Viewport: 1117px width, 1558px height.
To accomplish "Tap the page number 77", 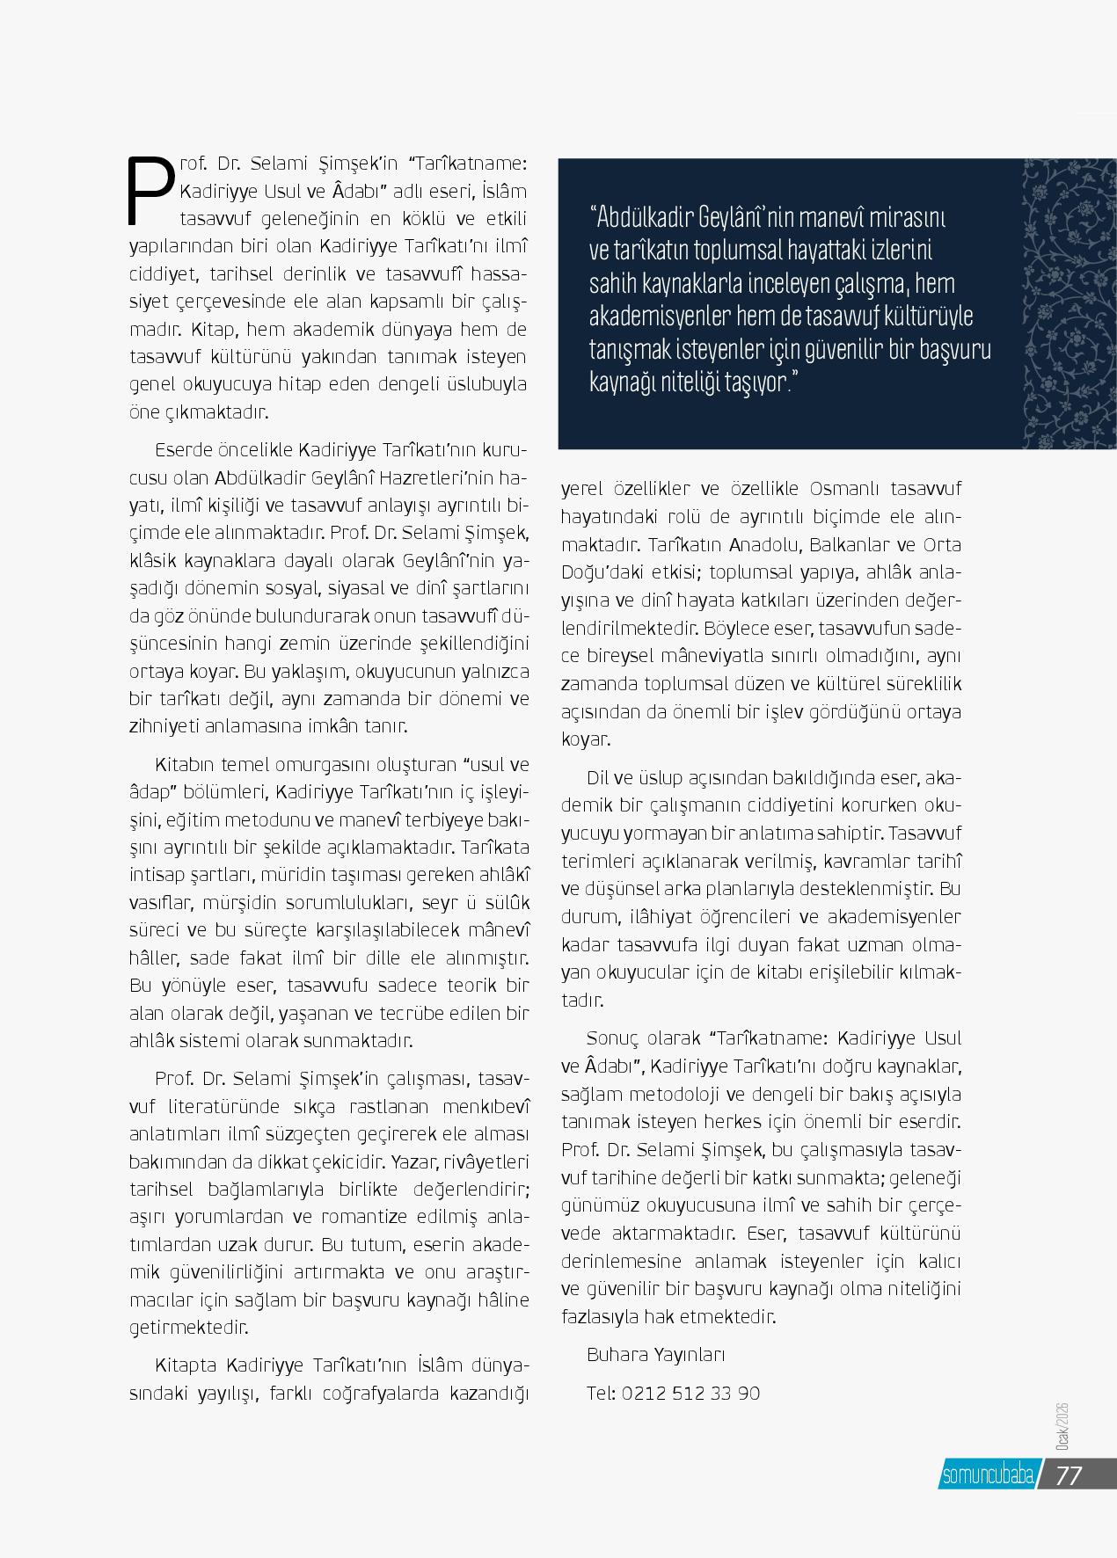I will pos(1068,1476).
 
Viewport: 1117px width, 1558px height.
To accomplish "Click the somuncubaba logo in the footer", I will pos(988,1476).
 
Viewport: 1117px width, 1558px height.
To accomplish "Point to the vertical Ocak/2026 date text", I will pos(1062,1429).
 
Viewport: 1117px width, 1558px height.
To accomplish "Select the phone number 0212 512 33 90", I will pos(690,1393).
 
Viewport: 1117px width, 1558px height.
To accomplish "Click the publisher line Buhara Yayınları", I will pos(656,1355).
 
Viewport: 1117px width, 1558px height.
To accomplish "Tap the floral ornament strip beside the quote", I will pos(1069,303).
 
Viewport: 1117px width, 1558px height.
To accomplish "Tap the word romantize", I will pos(376,1217).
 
